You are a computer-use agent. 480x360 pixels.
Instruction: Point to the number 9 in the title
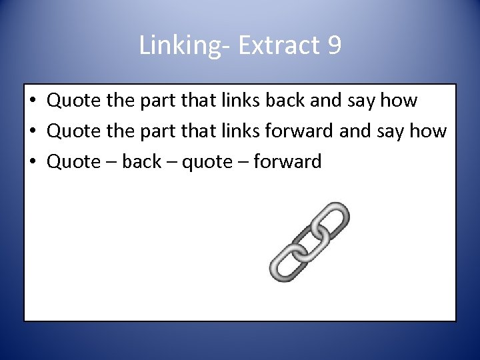click(x=334, y=45)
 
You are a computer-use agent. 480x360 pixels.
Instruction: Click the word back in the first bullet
click(x=286, y=101)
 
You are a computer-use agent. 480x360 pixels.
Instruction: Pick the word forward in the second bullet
click(x=302, y=131)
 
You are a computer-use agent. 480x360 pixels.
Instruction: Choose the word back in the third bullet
click(x=142, y=161)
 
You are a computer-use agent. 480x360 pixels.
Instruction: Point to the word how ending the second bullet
click(x=427, y=131)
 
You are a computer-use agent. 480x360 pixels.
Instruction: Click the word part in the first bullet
click(x=157, y=101)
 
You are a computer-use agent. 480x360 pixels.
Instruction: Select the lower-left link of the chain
click(x=287, y=261)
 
